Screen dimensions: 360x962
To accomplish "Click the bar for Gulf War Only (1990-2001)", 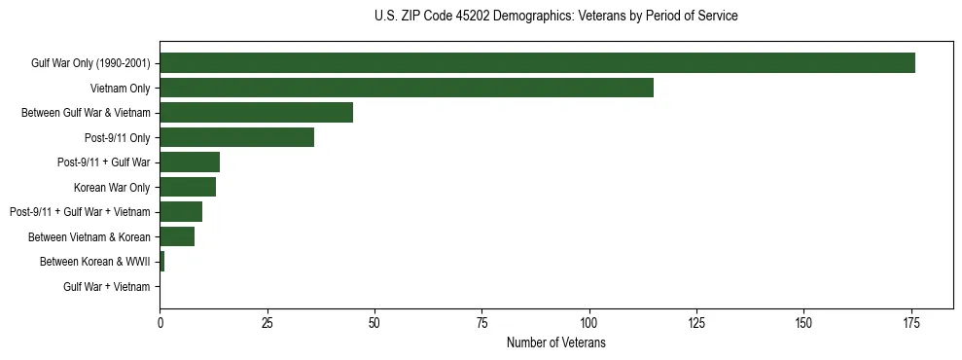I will (537, 63).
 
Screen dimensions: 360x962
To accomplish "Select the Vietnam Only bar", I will (407, 88).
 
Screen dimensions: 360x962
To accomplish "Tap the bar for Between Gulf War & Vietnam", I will (256, 113).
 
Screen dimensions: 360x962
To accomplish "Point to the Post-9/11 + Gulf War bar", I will (190, 162).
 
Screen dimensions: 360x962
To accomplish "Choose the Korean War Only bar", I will (188, 187).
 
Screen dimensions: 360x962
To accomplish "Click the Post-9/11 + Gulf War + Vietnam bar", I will (181, 212).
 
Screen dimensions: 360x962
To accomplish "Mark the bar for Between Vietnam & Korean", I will (177, 236).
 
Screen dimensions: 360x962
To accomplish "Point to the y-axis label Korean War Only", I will (112, 187).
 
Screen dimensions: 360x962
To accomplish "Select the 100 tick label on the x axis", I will (588, 322).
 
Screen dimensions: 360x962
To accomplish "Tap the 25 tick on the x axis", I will (267, 322).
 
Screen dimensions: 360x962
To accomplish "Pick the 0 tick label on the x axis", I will (160, 322).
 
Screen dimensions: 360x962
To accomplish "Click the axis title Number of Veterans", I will (556, 342).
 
